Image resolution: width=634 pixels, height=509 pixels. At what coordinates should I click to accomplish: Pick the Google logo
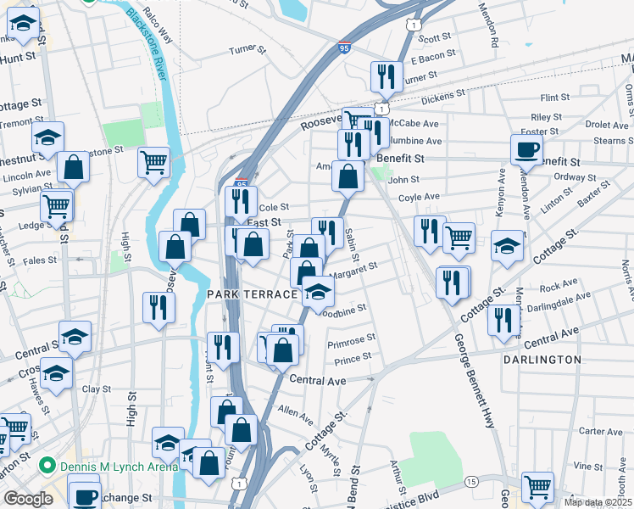28,499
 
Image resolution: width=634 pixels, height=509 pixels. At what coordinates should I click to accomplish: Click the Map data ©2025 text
598,502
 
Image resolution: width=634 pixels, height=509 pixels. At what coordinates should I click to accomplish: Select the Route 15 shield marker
470,482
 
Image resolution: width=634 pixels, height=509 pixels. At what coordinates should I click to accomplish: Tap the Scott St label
434,37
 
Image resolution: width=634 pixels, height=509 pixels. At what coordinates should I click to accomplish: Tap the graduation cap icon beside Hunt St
23,26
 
